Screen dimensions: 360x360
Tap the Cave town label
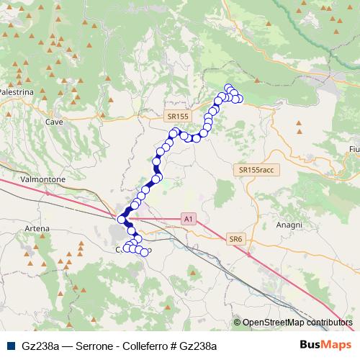tap(55, 122)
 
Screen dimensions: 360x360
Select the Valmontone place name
tap(44, 179)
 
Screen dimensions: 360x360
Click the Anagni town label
tap(288, 225)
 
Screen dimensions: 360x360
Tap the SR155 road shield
tap(176, 115)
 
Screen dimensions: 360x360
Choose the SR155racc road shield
tap(256, 169)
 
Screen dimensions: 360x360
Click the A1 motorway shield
tap(189, 218)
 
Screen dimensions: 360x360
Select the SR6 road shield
tap(236, 239)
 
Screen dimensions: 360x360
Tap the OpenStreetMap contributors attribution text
tap(297, 323)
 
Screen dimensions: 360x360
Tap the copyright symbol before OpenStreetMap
tap(237, 323)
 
